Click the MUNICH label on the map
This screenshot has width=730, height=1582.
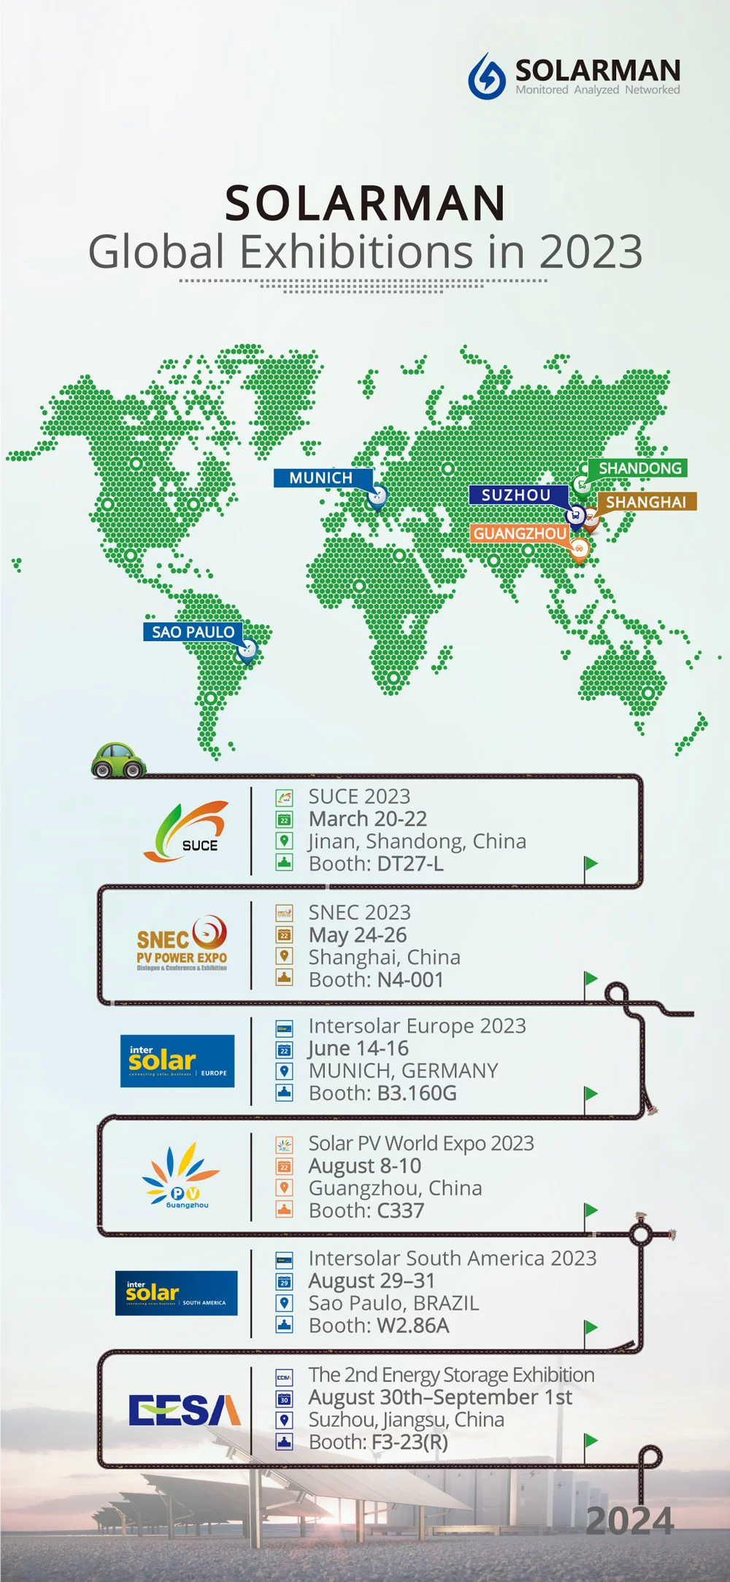pyautogui.click(x=321, y=478)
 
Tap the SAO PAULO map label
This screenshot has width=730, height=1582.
pyautogui.click(x=193, y=632)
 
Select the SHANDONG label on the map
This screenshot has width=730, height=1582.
pyautogui.click(x=639, y=468)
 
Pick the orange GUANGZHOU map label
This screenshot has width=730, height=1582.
pyautogui.click(x=520, y=534)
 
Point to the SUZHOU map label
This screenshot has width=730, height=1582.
pyautogui.click(x=516, y=495)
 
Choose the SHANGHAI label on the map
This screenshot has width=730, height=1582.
pyautogui.click(x=646, y=503)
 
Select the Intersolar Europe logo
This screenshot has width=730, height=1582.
pyautogui.click(x=177, y=1061)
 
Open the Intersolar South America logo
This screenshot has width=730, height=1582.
pyautogui.click(x=177, y=1293)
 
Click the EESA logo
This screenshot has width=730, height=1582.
pyautogui.click(x=185, y=1410)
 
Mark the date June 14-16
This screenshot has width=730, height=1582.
pyautogui.click(x=358, y=1049)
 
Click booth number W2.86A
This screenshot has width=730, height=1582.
pyautogui.click(x=413, y=1326)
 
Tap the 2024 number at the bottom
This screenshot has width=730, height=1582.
pyautogui.click(x=629, y=1521)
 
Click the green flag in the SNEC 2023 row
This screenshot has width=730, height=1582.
pyautogui.click(x=591, y=979)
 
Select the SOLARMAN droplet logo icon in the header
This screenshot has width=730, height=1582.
pyautogui.click(x=487, y=76)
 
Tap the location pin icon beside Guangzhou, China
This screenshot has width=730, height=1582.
pyautogui.click(x=284, y=1188)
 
